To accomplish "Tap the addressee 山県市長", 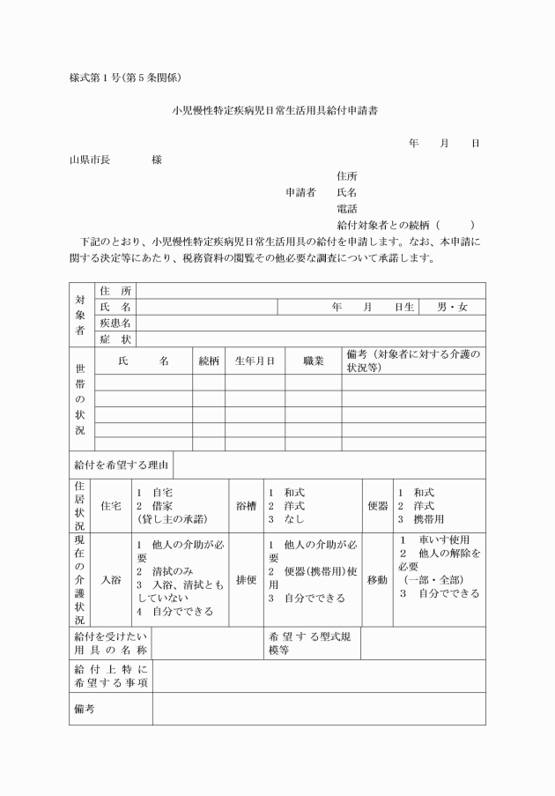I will point(90,160).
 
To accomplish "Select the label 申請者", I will point(300,192).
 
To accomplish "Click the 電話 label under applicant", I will point(347,209).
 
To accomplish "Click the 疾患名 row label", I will point(115,324).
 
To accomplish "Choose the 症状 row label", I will point(115,339).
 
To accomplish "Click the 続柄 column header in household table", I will point(209,361).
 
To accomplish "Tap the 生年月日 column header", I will point(255,361).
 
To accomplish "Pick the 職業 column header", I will point(314,361).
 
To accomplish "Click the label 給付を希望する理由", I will point(122,464).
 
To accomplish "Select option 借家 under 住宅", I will point(158,506).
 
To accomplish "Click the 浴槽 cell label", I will point(246,506).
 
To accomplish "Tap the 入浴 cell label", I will point(111,580).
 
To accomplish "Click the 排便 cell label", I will point(246,580).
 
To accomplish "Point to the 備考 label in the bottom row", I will point(85,709).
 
